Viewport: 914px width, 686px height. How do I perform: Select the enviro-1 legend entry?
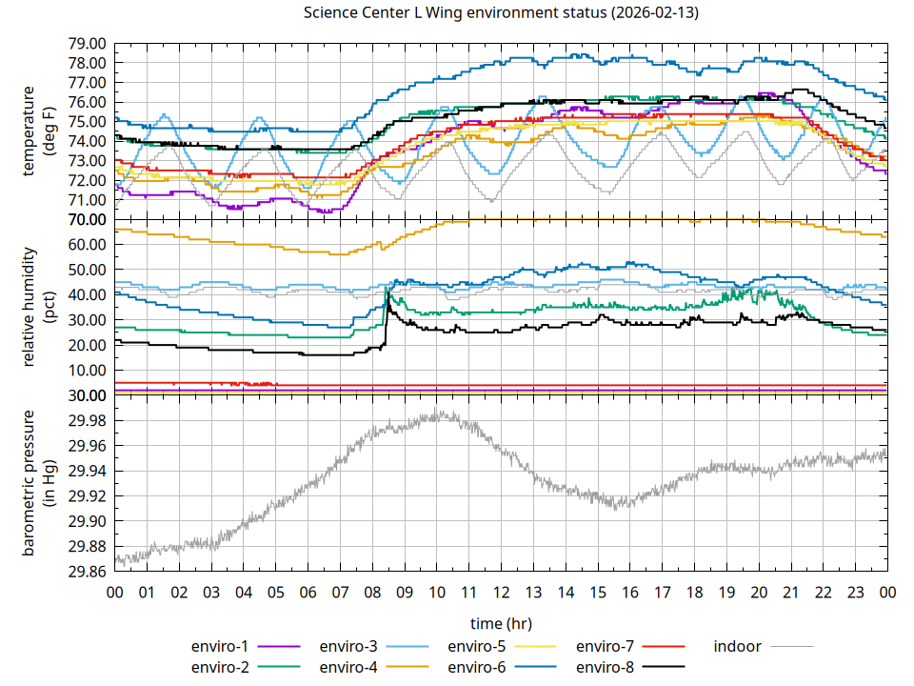point(219,646)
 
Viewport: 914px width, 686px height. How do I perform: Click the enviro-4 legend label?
point(348,667)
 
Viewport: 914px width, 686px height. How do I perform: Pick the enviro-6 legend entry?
point(476,667)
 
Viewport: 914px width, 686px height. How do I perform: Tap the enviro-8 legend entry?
point(605,667)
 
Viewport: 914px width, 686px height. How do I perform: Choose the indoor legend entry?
point(738,646)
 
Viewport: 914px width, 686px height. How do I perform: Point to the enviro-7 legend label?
point(605,646)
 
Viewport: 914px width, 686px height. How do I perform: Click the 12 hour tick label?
point(501,592)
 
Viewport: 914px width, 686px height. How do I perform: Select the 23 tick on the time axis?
point(855,592)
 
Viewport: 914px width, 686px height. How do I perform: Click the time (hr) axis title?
point(501,623)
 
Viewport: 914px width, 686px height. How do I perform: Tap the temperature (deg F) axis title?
point(38,131)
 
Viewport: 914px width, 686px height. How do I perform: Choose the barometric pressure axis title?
point(38,483)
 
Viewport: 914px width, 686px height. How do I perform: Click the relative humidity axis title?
point(38,307)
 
